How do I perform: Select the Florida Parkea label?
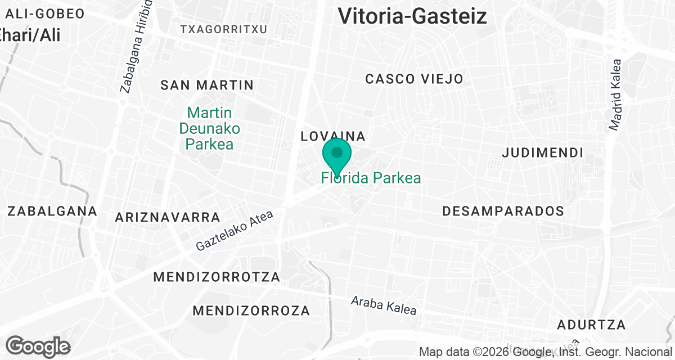click(x=371, y=178)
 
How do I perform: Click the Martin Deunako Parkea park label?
click(x=210, y=128)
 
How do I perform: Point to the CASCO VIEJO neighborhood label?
click(x=414, y=79)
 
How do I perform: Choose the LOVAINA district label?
click(x=334, y=136)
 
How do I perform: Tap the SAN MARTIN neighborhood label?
click(x=207, y=85)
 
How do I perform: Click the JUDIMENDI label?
click(x=542, y=152)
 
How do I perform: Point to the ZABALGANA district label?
click(x=52, y=211)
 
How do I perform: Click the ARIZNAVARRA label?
click(x=167, y=217)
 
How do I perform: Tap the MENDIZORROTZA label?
click(x=217, y=277)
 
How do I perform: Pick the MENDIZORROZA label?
click(x=251, y=310)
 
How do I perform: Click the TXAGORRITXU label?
click(x=223, y=29)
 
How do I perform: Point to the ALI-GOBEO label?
click(x=44, y=13)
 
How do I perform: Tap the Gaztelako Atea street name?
click(x=235, y=231)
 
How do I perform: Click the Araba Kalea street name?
click(x=384, y=305)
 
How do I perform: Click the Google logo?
click(x=38, y=346)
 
